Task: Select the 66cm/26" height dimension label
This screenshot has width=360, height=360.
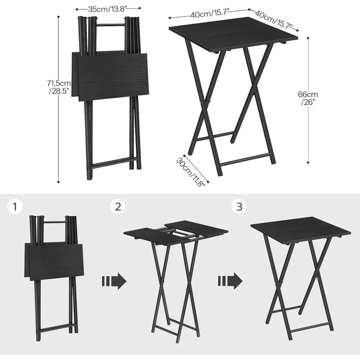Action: pyautogui.click(x=307, y=98)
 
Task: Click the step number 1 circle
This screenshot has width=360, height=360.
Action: pyautogui.click(x=15, y=207)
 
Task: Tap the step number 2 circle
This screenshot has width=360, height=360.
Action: pyautogui.click(x=118, y=207)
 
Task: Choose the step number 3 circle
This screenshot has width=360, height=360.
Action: pyautogui.click(x=239, y=207)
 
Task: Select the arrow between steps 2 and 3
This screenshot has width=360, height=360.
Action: pyautogui.click(x=231, y=280)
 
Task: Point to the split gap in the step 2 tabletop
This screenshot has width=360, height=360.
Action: pyautogui.click(x=176, y=233)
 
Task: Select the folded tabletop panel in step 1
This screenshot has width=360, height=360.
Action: pyautogui.click(x=54, y=260)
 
